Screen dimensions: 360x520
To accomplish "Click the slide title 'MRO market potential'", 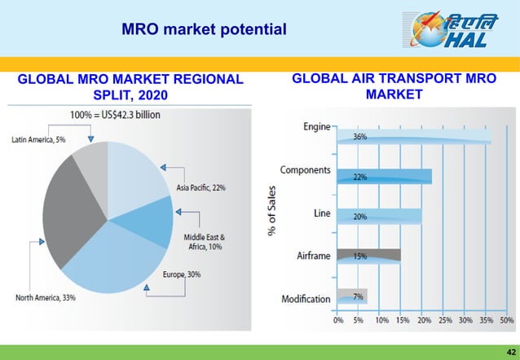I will coord(204,30).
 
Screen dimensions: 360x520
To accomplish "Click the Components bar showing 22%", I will coord(384,176).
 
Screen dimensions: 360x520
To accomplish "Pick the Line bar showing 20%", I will coord(380,216).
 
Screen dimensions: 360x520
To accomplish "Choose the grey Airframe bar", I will coord(368,255).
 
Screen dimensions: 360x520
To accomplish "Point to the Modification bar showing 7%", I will coord(352,296).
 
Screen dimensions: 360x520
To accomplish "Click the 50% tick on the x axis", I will coord(506,321).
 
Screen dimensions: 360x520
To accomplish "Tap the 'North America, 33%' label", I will coord(46,297).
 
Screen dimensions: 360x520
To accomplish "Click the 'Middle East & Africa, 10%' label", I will coord(204,242).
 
